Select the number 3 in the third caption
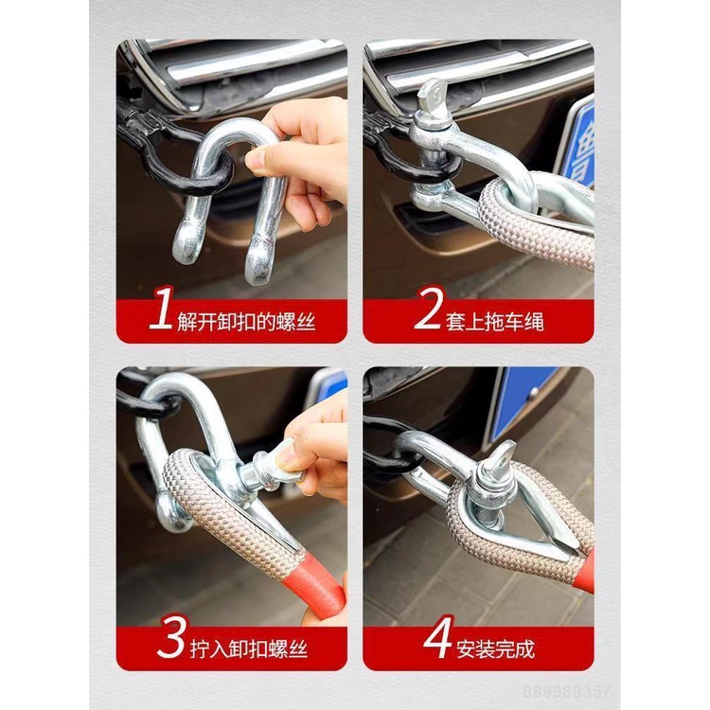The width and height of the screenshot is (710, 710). [x=171, y=641]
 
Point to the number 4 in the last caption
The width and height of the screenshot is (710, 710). [x=438, y=641]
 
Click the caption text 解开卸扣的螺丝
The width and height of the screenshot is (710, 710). [x=246, y=322]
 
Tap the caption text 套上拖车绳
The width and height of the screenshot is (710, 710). [x=495, y=322]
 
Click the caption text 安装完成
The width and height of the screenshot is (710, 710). [x=495, y=648]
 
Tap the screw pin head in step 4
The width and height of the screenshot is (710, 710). [x=499, y=462]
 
